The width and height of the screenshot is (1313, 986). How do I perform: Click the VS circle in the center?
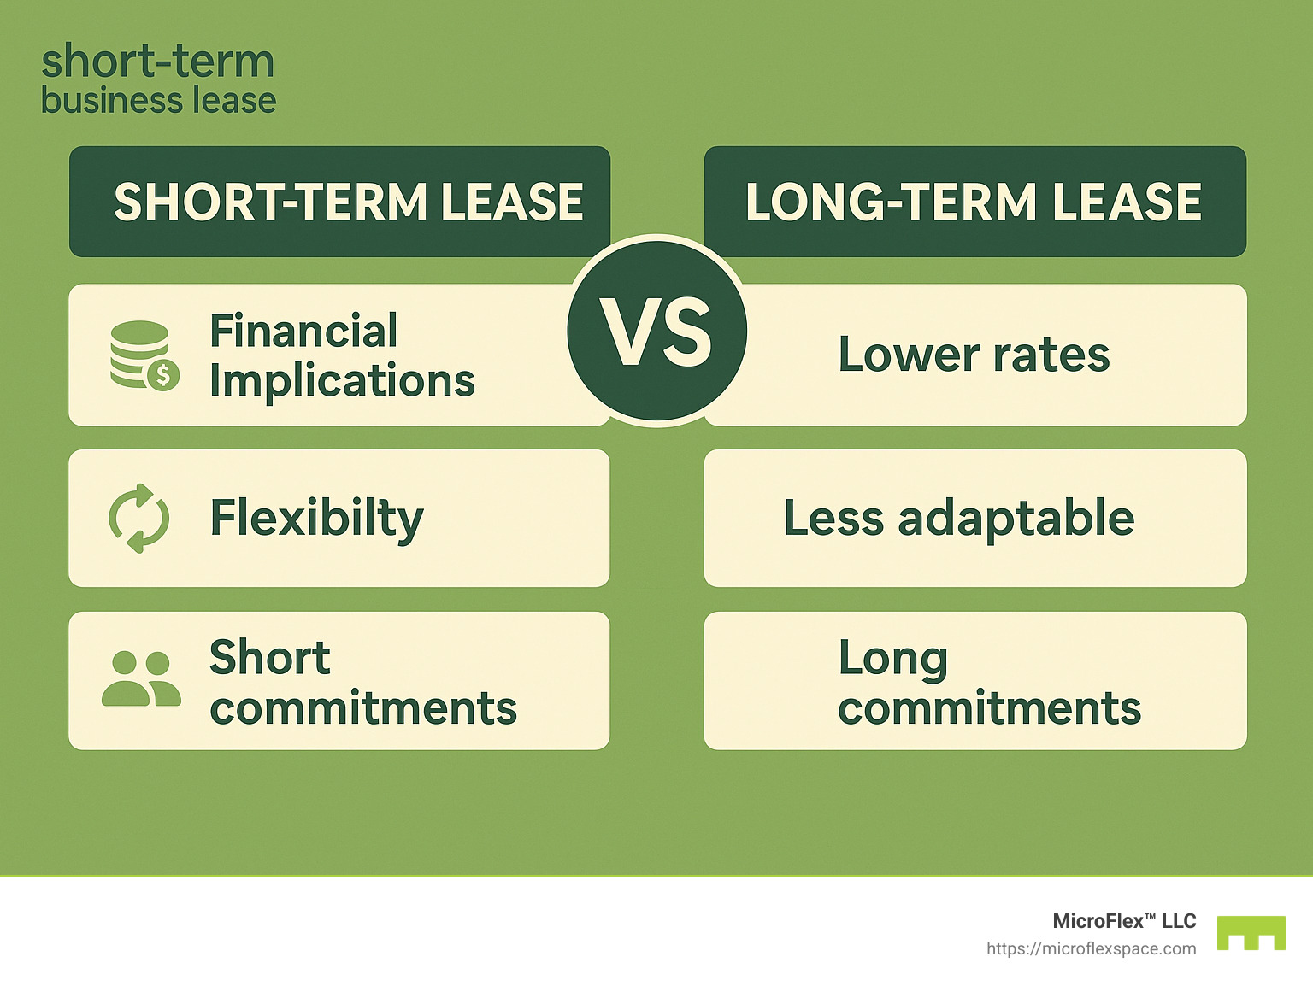coord(656,332)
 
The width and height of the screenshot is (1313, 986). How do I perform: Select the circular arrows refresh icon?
coord(139,518)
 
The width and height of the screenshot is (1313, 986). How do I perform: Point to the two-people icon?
coord(141,678)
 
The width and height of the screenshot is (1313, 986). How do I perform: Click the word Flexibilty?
coord(316,519)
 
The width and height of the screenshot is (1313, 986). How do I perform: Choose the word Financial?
coord(303,331)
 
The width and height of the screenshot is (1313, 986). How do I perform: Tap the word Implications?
coord(342,381)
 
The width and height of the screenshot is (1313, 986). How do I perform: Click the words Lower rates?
coord(974,355)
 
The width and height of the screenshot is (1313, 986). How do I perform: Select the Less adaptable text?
coord(959,518)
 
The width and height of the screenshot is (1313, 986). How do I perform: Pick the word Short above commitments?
coord(270,657)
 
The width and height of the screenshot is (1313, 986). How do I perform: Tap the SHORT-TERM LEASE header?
coord(348,202)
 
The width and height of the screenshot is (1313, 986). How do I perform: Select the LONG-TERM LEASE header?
coord(974,202)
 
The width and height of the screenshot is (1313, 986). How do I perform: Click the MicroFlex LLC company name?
coord(1124,921)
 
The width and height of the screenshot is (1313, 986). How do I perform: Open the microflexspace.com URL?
coord(1091,948)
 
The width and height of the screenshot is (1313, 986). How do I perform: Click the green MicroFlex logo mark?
coord(1251,932)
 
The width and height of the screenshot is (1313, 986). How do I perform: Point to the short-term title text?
coord(158,62)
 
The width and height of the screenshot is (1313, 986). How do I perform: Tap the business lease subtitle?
coord(158,101)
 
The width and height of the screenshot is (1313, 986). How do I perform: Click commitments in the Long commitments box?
coord(989,708)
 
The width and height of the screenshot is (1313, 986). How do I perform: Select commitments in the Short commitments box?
coord(363,708)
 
